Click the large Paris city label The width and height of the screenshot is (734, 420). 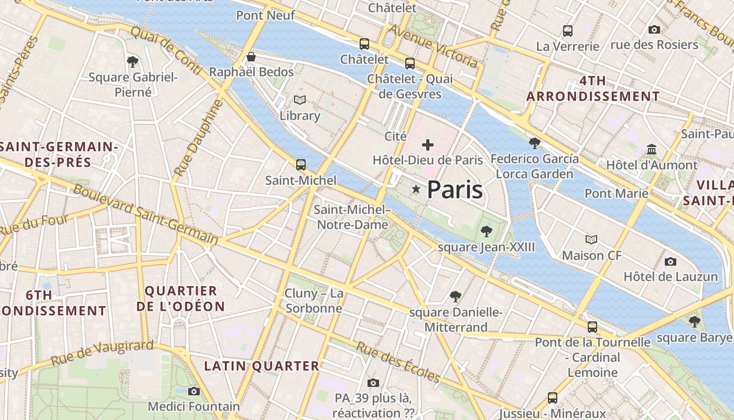[x=455, y=190]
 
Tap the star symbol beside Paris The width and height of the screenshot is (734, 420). [x=416, y=189]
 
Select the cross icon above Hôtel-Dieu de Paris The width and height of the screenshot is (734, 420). [x=428, y=144]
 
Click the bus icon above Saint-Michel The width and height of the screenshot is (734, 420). [x=301, y=165]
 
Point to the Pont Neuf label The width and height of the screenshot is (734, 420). [x=265, y=15]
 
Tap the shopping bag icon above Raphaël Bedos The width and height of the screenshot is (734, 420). [x=251, y=56]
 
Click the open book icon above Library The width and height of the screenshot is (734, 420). [x=300, y=100]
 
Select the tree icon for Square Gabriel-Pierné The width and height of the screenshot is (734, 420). [x=133, y=61]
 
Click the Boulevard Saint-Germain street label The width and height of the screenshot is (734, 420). [x=145, y=215]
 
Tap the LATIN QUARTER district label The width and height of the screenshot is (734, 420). [x=262, y=366]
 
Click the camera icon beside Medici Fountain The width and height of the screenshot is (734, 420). [x=194, y=391]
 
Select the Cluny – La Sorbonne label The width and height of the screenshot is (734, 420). [x=314, y=301]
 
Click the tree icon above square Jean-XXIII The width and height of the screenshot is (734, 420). [x=486, y=231]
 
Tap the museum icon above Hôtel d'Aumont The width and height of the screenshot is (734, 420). [x=652, y=150]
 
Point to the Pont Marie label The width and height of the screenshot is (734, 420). [x=617, y=193]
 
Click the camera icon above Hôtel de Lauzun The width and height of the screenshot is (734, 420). [x=670, y=261]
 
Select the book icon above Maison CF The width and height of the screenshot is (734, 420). [x=591, y=240]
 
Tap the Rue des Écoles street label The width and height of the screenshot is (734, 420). [x=398, y=362]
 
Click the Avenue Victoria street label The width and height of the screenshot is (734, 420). [x=434, y=47]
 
